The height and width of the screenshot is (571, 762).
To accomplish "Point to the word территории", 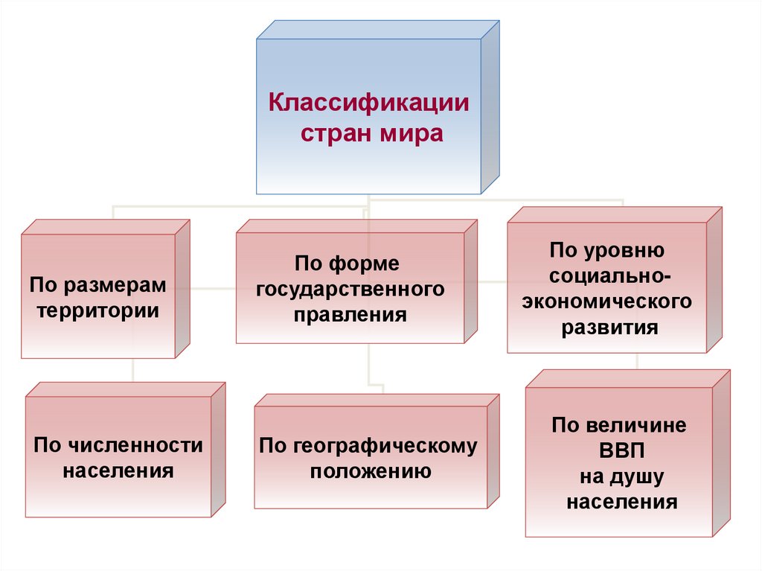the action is tap(98, 309).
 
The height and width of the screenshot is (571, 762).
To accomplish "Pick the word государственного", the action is tap(350, 288).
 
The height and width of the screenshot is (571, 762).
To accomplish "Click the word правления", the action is tap(350, 314).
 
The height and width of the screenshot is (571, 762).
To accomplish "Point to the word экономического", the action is tap(606, 302).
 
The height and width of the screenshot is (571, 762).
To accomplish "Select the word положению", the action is tap(371, 471).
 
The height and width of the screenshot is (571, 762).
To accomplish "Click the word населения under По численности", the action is tap(118, 471).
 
